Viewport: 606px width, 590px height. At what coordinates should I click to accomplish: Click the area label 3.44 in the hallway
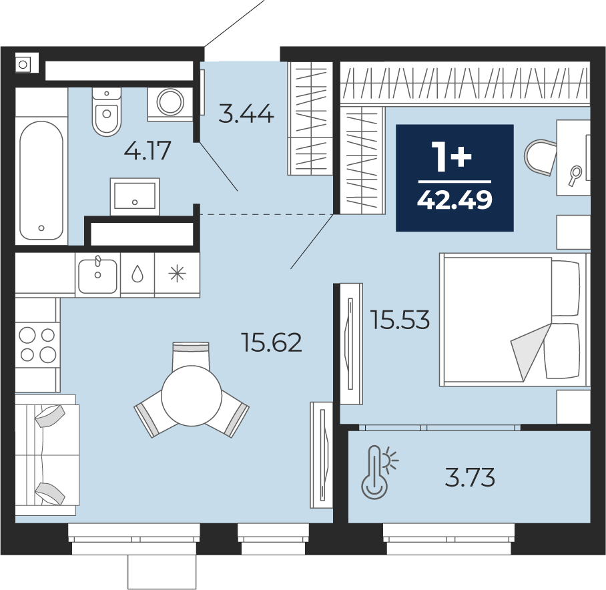click(246, 114)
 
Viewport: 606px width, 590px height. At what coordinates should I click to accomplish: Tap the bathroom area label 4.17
click(147, 150)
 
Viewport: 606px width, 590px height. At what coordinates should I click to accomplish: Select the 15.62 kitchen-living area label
click(272, 342)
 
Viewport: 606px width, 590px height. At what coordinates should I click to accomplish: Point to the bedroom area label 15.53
click(400, 320)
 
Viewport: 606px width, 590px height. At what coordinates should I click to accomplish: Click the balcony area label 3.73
click(470, 477)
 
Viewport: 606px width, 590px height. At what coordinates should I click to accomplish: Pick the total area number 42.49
click(455, 200)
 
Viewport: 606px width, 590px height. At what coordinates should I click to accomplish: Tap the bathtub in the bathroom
click(41, 180)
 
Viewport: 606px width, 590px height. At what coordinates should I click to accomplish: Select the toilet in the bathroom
click(107, 111)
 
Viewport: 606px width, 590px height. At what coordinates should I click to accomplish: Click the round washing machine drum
click(170, 101)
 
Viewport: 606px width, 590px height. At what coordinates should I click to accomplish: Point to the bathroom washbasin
click(135, 196)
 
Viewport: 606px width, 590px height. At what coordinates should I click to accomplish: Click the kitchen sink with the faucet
click(98, 275)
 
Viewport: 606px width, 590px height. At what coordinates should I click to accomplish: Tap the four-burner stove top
click(37, 344)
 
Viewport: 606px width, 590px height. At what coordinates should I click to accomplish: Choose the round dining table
click(192, 396)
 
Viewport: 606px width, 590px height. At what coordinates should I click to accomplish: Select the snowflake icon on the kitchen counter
click(178, 274)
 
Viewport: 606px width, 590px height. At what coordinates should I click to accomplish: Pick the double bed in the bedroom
click(513, 319)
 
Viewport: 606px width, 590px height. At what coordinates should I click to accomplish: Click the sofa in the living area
click(47, 455)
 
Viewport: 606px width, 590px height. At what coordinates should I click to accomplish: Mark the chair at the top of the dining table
click(191, 355)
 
